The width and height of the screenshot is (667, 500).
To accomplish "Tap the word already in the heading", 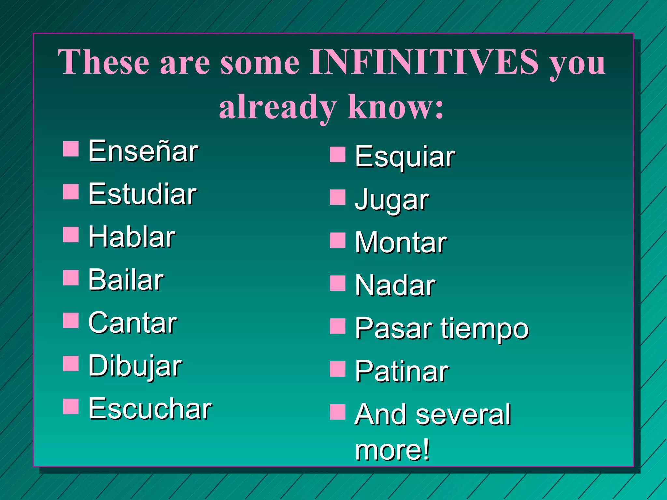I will coord(277,107).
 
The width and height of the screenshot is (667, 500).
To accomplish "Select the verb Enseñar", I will coord(143,151).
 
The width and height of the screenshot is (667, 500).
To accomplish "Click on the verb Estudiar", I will coord(142,194).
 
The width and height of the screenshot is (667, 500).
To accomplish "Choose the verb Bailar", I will coord(126,280).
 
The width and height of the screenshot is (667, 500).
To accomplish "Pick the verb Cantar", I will coord(133,323).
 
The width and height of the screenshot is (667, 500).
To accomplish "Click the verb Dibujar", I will coord(135,366).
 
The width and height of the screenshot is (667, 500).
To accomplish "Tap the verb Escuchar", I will coord(150,409).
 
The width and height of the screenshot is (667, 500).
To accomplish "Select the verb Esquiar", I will coord(405,157).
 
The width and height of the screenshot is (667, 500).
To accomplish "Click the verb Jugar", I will coord(392,200).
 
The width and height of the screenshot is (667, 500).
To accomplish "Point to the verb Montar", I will coord(401,243).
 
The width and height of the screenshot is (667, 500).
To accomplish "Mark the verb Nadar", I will coord(395,285).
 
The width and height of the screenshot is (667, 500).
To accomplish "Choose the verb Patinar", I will coord(402,371).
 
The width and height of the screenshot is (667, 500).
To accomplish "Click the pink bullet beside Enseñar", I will coord(71,149).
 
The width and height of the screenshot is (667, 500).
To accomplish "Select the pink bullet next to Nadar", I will coord(337,283).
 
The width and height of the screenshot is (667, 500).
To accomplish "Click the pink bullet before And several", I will coord(337,412).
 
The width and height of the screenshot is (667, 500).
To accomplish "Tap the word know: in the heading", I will coord(395,107).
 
